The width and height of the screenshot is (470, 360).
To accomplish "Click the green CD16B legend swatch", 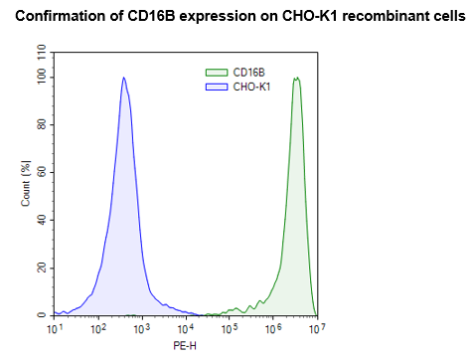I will pos(216,73).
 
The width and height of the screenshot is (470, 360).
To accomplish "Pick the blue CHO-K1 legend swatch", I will pos(216,87).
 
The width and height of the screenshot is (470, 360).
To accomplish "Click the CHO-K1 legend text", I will pos(251,87).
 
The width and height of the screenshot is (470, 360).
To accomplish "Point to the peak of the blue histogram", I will pos(123,78).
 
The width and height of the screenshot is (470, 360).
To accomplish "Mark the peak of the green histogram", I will pos(296,78).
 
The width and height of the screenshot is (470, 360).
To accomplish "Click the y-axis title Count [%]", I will pos(26,183).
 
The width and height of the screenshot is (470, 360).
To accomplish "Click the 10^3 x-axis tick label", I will pos(141,327).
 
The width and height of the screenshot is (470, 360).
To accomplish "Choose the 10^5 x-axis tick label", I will pos(229,327).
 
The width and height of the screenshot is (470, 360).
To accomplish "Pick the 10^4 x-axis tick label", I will pos(185,327).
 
